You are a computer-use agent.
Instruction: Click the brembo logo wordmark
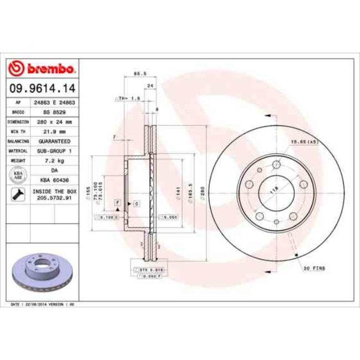(43, 69)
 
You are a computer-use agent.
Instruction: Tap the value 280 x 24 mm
(54, 121)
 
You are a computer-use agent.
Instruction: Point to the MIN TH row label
(18, 131)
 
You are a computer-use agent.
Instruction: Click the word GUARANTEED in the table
(54, 141)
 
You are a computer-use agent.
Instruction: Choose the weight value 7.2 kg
(54, 161)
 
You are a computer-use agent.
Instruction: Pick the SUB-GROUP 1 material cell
(54, 151)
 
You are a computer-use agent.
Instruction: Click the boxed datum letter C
(136, 204)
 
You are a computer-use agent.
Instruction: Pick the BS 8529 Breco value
(54, 112)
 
